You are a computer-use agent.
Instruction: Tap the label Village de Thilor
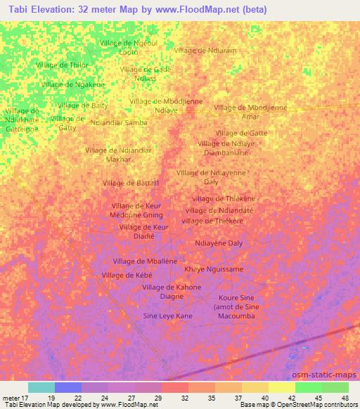(62, 65)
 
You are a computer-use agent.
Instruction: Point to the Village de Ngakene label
(72, 84)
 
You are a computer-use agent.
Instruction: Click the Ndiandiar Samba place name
(119, 122)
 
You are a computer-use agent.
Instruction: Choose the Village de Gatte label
(241, 133)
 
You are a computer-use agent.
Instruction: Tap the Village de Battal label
(131, 183)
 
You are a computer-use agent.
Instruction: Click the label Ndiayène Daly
(218, 243)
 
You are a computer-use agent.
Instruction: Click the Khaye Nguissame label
(214, 269)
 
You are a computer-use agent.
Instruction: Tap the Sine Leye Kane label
(168, 316)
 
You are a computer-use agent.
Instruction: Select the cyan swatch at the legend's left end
(41, 387)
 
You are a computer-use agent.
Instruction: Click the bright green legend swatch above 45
(309, 387)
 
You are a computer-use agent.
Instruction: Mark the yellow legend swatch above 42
(282, 387)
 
